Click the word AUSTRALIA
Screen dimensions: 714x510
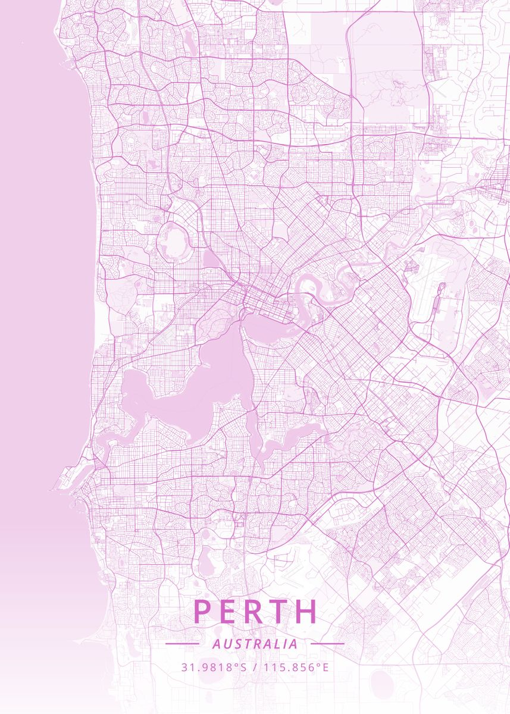pos(255,644)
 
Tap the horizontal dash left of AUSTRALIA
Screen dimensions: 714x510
pos(182,644)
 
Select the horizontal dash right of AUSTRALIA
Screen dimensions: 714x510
pos(327,644)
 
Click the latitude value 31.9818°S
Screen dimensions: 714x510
pos(214,667)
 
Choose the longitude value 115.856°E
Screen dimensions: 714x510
pos(295,667)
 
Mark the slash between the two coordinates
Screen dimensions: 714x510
pos(254,667)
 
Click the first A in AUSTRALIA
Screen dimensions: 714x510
pos(215,644)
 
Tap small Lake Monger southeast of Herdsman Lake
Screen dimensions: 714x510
pos(211,259)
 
